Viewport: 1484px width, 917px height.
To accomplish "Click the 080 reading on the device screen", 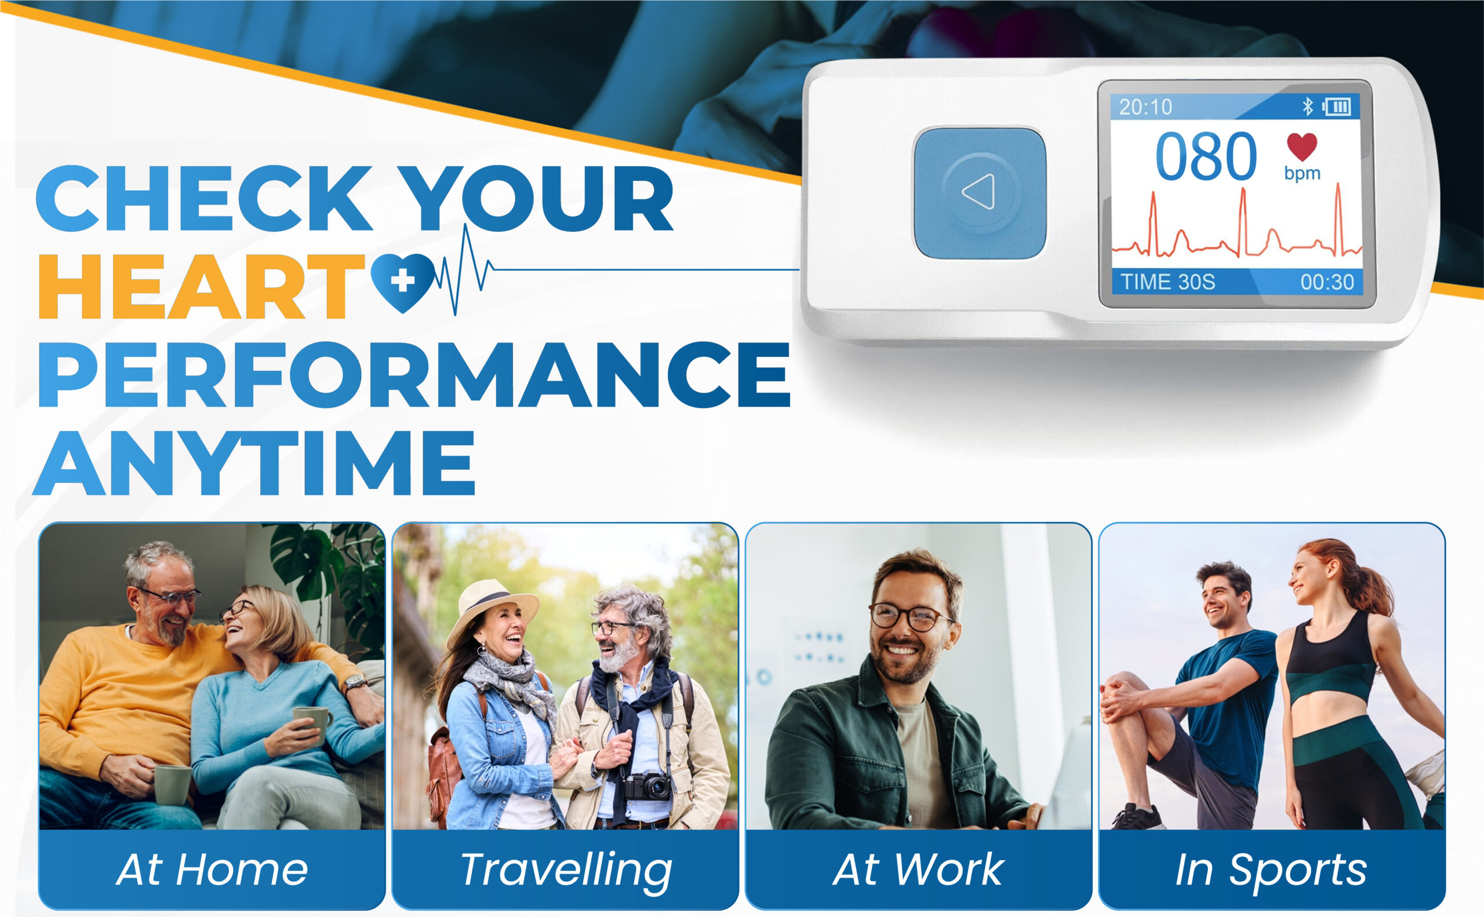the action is coord(1205,157).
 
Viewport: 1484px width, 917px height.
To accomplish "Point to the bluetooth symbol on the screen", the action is coord(1308,107).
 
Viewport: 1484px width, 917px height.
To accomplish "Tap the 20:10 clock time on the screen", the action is coord(1145,107).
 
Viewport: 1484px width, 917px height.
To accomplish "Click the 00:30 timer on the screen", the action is coord(1327,282).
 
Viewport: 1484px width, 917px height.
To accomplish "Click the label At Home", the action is coord(212,869).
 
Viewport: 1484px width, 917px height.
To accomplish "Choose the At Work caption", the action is coord(918,869).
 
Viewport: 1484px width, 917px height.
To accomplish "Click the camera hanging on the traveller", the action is coord(648,786).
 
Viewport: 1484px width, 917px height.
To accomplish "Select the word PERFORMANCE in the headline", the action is coord(414,374).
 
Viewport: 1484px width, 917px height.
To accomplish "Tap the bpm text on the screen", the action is coord(1303,173).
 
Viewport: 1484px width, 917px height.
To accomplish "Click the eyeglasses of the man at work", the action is coord(909,617).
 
